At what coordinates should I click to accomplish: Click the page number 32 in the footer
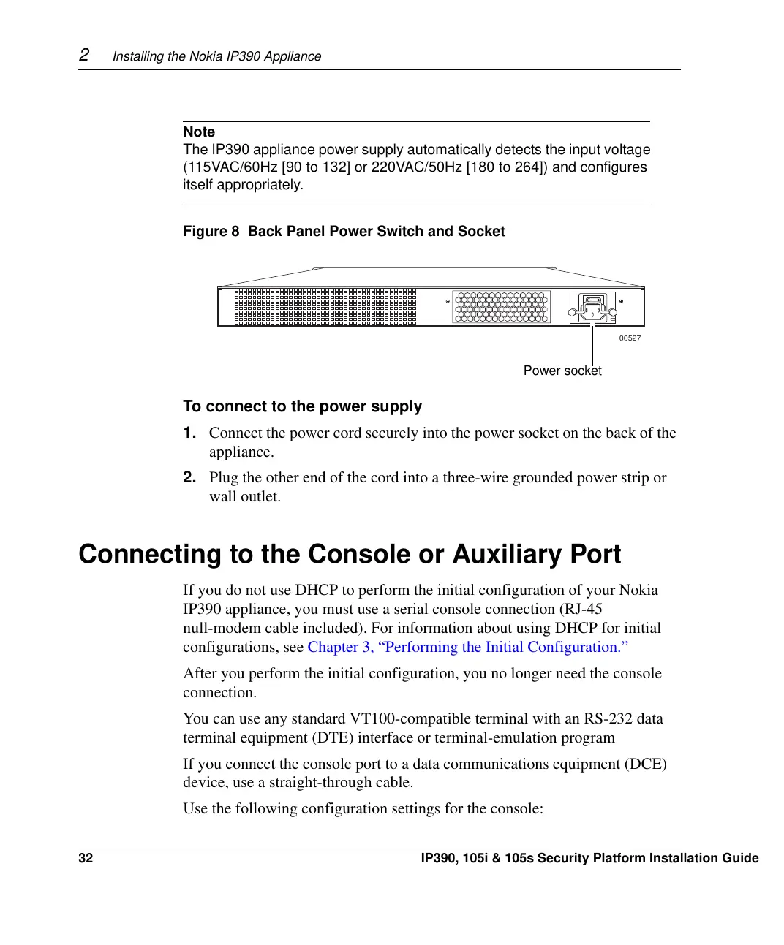[x=86, y=858]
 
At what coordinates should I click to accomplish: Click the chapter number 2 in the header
[x=84, y=55]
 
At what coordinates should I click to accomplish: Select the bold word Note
[x=199, y=132]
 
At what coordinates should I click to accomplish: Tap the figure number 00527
[x=630, y=338]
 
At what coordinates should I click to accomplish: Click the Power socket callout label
[x=562, y=371]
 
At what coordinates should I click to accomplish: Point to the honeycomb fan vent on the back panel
[x=501, y=307]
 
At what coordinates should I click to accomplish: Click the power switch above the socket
[x=592, y=300]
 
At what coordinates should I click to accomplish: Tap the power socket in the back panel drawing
[x=592, y=313]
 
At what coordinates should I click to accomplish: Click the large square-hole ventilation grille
[x=325, y=306]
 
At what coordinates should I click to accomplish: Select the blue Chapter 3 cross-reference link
[x=467, y=647]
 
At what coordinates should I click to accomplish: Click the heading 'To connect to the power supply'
[x=302, y=406]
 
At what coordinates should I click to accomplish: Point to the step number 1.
[x=189, y=433]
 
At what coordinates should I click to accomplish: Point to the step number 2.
[x=189, y=477]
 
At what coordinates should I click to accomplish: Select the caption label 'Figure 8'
[x=211, y=231]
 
